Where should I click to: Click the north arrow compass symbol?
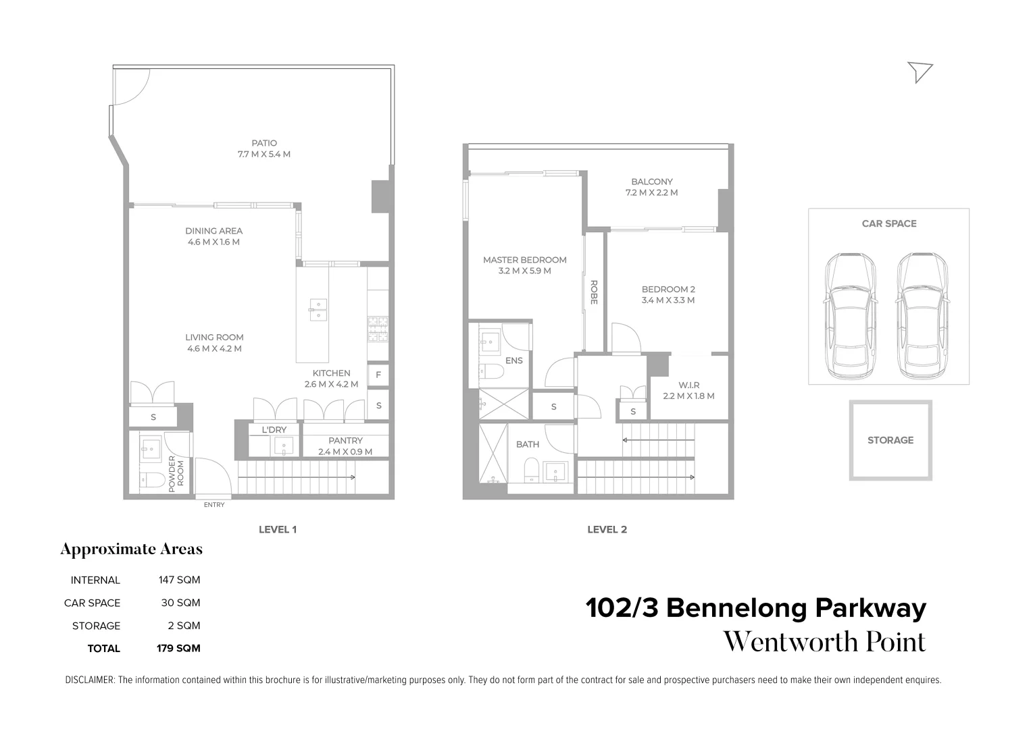pos(920,71)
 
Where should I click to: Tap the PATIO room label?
pos(264,143)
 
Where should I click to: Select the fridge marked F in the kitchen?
pos(378,375)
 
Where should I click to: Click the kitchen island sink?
pos(317,309)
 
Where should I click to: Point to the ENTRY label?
pos(214,505)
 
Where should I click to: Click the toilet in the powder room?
pos(151,480)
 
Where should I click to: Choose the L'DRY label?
pos(274,430)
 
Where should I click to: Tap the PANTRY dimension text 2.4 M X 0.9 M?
pos(345,452)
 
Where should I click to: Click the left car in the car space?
pos(849,316)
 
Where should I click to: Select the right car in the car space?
pos(922,316)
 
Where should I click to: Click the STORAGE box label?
pos(890,440)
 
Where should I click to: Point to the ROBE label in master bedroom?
pos(594,292)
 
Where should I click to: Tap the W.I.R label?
pos(688,385)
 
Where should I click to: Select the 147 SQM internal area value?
pos(179,580)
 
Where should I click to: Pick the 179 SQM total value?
pos(178,649)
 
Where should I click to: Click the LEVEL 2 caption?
pos(607,530)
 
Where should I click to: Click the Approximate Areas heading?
pos(131,549)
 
